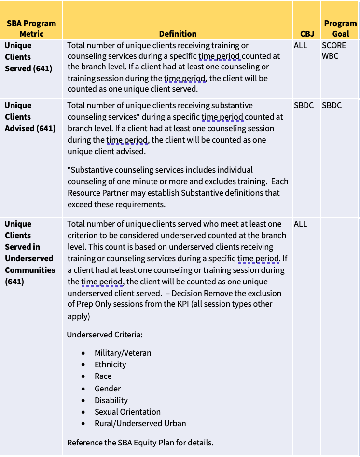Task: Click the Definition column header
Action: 178,34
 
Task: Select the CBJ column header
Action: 307,34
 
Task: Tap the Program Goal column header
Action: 340,28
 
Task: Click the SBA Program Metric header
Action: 31,28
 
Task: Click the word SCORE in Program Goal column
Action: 334,45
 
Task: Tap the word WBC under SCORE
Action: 330,56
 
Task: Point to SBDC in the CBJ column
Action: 304,105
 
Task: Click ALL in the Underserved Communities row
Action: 300,224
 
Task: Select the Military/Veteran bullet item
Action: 123,353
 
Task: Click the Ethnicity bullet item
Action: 110,364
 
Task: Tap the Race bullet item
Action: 103,376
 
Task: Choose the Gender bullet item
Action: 108,389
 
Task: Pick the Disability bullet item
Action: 111,400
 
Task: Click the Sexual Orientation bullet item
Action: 127,412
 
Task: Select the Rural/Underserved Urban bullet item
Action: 140,423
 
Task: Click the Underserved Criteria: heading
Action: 105,335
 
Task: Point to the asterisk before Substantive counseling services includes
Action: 69,169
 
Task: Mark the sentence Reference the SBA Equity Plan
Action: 140,443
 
